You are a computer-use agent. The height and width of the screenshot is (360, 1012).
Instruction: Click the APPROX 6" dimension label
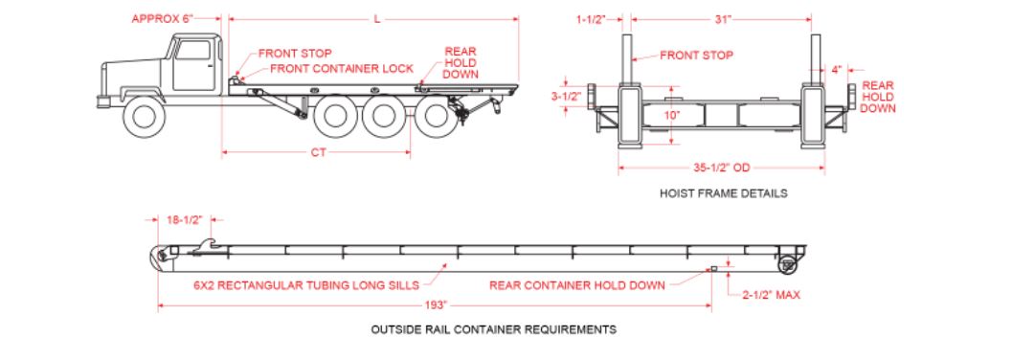pyautogui.click(x=163, y=19)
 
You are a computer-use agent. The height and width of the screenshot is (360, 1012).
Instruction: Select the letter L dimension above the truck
pyautogui.click(x=377, y=19)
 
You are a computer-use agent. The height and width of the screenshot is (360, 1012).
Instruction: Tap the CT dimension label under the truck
pyautogui.click(x=318, y=153)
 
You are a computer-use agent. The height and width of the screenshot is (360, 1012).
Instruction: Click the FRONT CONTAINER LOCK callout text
pyautogui.click(x=342, y=68)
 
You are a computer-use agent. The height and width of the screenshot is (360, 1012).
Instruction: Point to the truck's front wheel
pyautogui.click(x=144, y=116)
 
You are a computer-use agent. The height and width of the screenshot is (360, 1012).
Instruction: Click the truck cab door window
pyautogui.click(x=193, y=51)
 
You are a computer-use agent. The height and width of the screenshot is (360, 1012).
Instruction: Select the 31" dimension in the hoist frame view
pyautogui.click(x=723, y=19)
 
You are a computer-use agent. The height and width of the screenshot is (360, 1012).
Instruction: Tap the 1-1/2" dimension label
pyautogui.click(x=591, y=19)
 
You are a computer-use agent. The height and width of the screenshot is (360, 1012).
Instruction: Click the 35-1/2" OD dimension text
pyautogui.click(x=722, y=168)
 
